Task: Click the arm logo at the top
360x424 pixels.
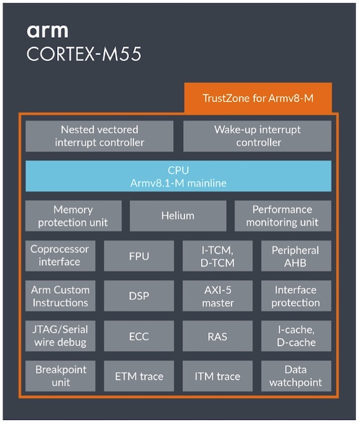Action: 47,31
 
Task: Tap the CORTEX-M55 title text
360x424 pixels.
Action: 84,55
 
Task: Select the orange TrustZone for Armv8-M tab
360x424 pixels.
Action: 257,98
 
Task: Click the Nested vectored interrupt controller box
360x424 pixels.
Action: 100,136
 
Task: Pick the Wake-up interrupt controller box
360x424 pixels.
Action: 257,136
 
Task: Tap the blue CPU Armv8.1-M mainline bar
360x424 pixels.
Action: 178,176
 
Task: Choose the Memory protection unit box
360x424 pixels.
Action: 73,216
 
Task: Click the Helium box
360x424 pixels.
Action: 178,216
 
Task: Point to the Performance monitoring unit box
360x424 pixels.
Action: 283,216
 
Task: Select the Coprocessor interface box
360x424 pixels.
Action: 59,255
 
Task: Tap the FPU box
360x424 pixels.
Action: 139,256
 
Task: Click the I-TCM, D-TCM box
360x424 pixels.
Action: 218,256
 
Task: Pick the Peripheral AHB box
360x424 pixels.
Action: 296,256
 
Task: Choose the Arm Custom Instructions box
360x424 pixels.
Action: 59,296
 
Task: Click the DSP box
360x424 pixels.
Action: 139,296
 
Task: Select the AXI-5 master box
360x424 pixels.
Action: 218,296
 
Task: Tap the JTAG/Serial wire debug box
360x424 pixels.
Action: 59,336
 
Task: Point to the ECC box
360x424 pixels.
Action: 139,336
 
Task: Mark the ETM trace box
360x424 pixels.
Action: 139,377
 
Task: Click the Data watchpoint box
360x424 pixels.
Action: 296,377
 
